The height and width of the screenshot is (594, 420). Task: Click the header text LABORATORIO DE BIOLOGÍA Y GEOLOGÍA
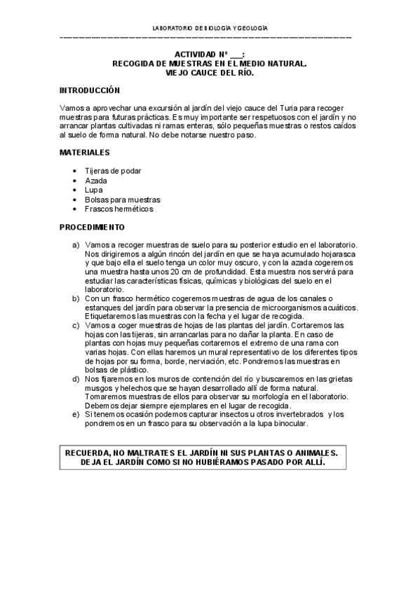(210, 27)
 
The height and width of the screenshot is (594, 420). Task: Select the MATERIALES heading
(84, 151)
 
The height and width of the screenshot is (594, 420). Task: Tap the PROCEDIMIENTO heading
(92, 227)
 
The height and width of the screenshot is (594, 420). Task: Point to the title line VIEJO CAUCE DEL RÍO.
(209, 72)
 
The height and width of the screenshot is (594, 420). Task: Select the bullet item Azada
(95, 181)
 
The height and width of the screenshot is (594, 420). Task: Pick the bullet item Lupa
(93, 190)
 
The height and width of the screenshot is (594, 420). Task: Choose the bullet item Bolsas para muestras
(122, 200)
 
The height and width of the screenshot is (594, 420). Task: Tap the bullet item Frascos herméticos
(118, 209)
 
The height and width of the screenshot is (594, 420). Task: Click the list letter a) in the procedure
(75, 244)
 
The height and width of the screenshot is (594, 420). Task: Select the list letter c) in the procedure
(75, 326)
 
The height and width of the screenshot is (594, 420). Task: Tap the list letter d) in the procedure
(75, 379)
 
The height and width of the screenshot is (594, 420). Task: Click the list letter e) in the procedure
(75, 415)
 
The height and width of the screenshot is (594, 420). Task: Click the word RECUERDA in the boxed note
(90, 453)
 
